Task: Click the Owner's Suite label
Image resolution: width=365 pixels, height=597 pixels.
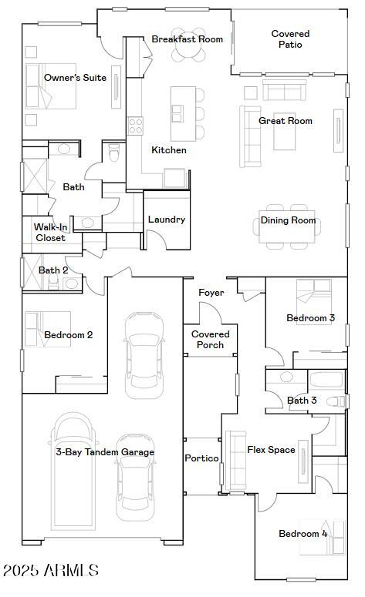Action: click(75, 78)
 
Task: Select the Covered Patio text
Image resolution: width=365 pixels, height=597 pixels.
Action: click(290, 39)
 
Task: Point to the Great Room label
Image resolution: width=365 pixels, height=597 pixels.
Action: click(285, 121)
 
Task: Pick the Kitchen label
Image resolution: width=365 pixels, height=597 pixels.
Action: click(168, 150)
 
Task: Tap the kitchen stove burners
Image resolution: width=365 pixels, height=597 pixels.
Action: click(135, 126)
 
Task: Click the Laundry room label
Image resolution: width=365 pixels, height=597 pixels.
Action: click(167, 220)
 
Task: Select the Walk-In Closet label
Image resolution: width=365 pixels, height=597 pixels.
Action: click(50, 233)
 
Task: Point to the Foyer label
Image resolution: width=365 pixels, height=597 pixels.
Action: click(211, 293)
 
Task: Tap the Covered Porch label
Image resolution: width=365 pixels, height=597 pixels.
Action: click(210, 340)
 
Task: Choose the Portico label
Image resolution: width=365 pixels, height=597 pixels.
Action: click(202, 458)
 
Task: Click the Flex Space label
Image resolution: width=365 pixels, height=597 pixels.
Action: click(271, 450)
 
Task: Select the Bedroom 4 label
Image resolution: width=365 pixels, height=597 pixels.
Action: click(303, 534)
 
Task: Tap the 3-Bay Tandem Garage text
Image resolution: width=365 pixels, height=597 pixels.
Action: click(105, 452)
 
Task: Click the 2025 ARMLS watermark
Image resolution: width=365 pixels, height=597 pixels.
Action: click(50, 571)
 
